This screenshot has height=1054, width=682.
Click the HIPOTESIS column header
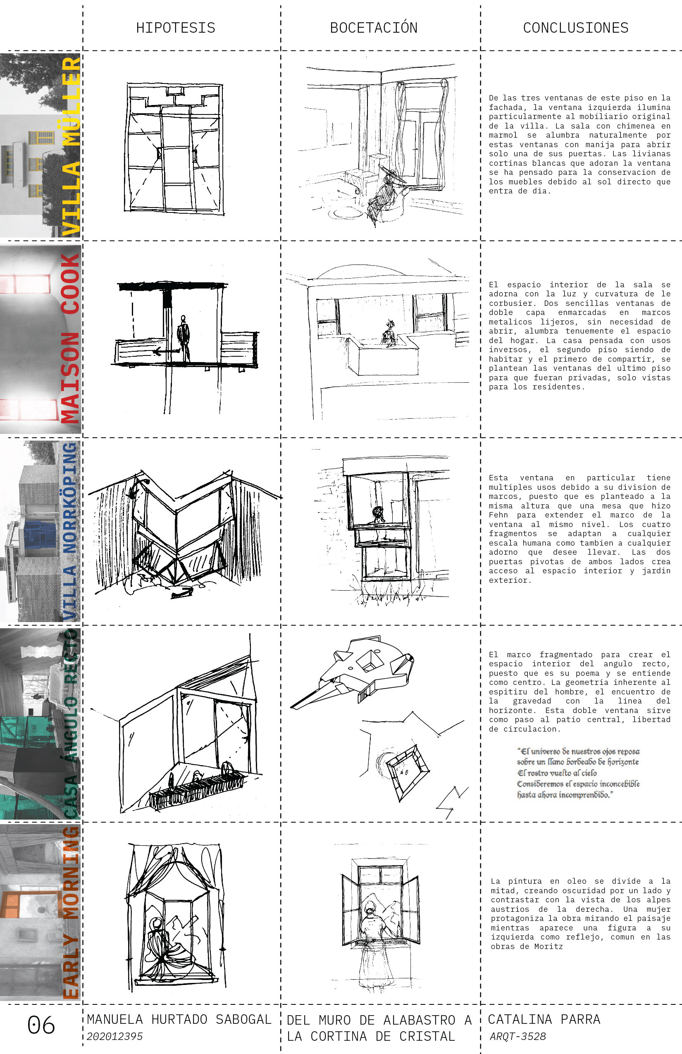[175, 28]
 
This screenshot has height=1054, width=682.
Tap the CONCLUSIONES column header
[576, 28]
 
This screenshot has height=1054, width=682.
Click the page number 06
[41, 1025]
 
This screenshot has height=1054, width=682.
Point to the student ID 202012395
[115, 1036]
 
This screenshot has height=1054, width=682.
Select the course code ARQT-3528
[517, 1036]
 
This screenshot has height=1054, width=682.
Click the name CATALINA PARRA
[544, 1019]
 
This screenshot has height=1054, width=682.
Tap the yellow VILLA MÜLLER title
[71, 146]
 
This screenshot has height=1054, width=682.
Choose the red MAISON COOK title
[70, 339]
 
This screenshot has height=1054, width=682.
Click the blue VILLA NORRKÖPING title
[70, 531]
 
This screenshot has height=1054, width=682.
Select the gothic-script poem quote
[578, 773]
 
